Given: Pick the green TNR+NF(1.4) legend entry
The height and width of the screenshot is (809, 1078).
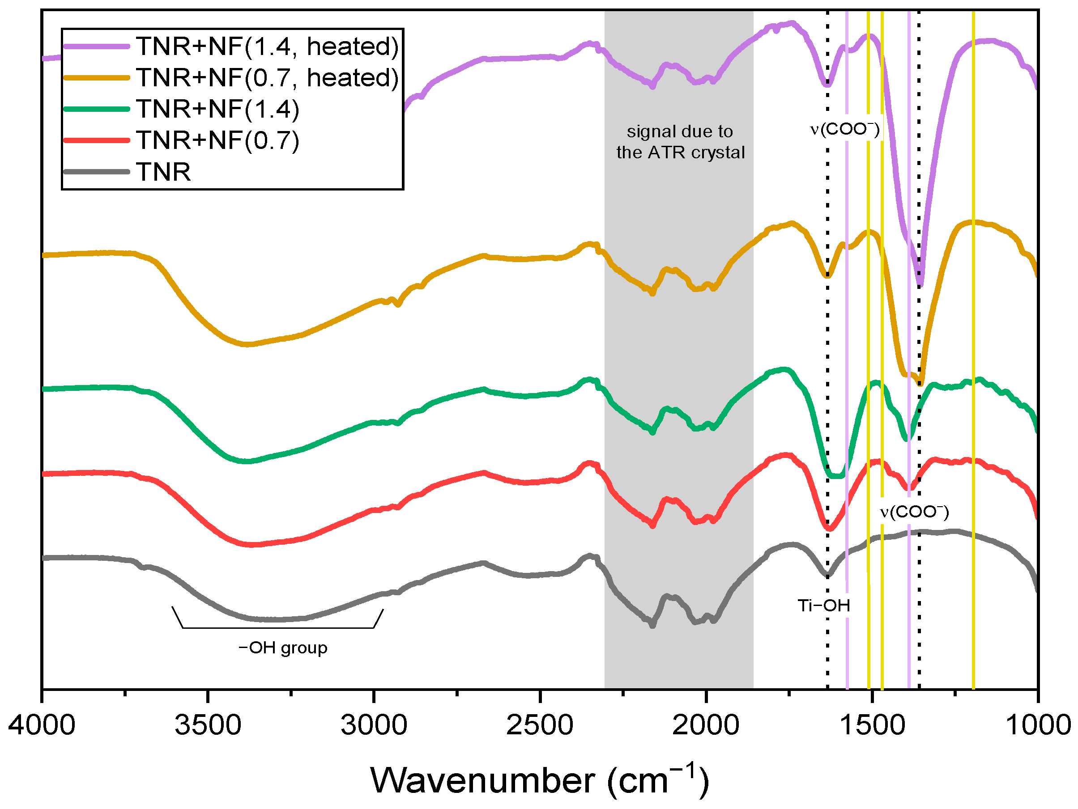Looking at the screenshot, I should coord(217,109).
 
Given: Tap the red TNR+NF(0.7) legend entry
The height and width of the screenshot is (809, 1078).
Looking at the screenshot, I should coord(217,140).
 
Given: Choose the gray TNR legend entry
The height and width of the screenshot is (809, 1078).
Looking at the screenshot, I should coord(163,172).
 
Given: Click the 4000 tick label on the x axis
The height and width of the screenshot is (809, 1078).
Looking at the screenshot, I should coord(42,725).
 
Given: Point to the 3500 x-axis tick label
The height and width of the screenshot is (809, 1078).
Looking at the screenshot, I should coord(208,725).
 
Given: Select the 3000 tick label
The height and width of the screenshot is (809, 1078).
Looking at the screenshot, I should coord(374,725).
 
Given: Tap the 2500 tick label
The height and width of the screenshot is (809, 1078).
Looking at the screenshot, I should coord(540,725).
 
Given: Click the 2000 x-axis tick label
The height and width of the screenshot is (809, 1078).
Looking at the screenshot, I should coord(705,725).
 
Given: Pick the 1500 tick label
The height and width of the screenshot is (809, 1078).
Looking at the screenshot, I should coord(872,725).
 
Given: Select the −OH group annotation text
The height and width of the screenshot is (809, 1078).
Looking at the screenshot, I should coord(283,648).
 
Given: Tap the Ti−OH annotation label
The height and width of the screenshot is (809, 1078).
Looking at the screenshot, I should coord(824,606).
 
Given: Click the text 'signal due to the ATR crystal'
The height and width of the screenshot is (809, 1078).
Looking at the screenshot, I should coord(680,142).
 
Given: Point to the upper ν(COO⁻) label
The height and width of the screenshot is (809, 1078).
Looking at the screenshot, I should coord(845,129).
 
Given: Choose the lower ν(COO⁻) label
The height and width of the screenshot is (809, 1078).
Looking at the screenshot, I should coord(914,512).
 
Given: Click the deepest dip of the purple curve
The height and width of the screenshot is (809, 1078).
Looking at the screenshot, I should coord(920,283).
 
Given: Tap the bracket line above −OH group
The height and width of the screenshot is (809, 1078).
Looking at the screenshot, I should coord(278,628).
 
